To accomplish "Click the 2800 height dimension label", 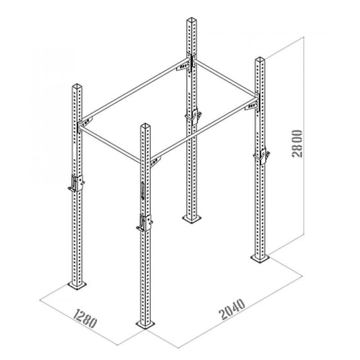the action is click(297, 144).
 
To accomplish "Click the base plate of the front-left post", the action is click(77, 285).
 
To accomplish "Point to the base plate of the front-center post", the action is click(145, 324).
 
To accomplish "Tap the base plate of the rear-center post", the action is click(192, 218).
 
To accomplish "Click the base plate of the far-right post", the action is click(260, 258).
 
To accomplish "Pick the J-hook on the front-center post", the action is click(144, 223).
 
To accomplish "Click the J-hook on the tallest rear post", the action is click(193, 117).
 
